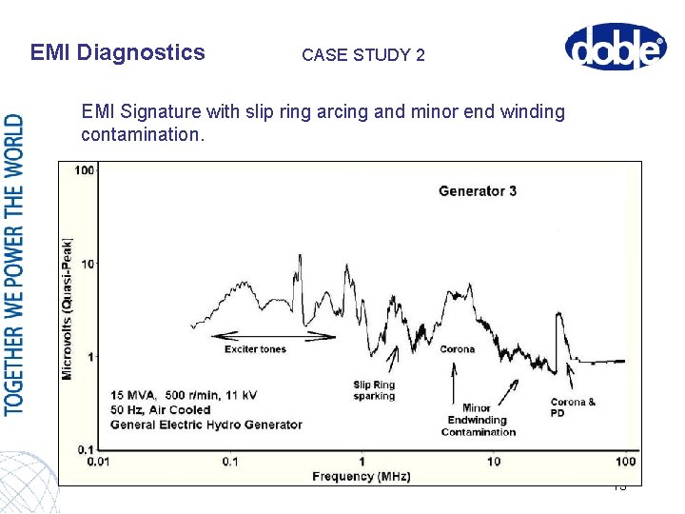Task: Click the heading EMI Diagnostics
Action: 117,52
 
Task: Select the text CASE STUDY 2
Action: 362,55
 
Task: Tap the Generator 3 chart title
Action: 478,191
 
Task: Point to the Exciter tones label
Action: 255,349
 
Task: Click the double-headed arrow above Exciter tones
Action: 273,336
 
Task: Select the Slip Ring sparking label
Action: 374,390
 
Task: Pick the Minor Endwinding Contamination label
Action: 478,420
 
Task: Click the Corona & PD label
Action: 573,407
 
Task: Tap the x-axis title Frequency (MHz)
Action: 362,475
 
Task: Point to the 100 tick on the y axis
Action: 84,171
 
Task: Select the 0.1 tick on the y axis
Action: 85,448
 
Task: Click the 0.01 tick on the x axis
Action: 97,462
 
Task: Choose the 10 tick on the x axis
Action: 493,462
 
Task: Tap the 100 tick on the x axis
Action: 624,462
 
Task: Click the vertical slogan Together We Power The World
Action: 15,265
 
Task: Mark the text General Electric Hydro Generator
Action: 205,425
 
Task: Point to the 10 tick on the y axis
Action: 88,264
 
